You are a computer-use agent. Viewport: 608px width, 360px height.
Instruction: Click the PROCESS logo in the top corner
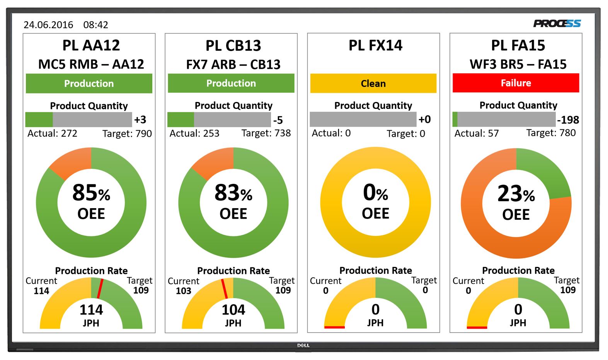point(557,24)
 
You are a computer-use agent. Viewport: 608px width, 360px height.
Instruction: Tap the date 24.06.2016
point(48,25)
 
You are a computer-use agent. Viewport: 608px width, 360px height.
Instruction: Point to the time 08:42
point(95,25)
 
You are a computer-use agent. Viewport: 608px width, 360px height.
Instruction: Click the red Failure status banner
point(516,83)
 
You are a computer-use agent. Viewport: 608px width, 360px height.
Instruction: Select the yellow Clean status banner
point(373,83)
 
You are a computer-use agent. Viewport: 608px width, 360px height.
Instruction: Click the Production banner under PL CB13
point(231,83)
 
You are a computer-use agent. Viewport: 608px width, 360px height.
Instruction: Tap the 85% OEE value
point(91,193)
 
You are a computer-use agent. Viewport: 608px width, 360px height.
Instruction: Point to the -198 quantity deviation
point(568,120)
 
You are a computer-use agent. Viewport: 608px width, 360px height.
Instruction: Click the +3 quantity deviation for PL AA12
point(140,120)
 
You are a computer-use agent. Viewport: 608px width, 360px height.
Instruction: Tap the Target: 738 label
point(266,133)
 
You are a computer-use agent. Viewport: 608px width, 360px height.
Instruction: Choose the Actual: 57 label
point(476,134)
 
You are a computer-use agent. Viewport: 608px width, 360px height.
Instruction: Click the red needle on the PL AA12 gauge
point(100,289)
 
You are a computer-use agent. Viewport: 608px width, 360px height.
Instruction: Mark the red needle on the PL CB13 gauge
point(224,289)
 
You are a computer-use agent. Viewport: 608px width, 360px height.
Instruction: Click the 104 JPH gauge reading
point(233,310)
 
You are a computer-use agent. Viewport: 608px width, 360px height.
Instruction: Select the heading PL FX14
point(375,46)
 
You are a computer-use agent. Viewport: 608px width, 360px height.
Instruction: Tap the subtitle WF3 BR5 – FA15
point(518,64)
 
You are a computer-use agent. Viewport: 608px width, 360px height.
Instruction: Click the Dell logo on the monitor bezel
point(303,345)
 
